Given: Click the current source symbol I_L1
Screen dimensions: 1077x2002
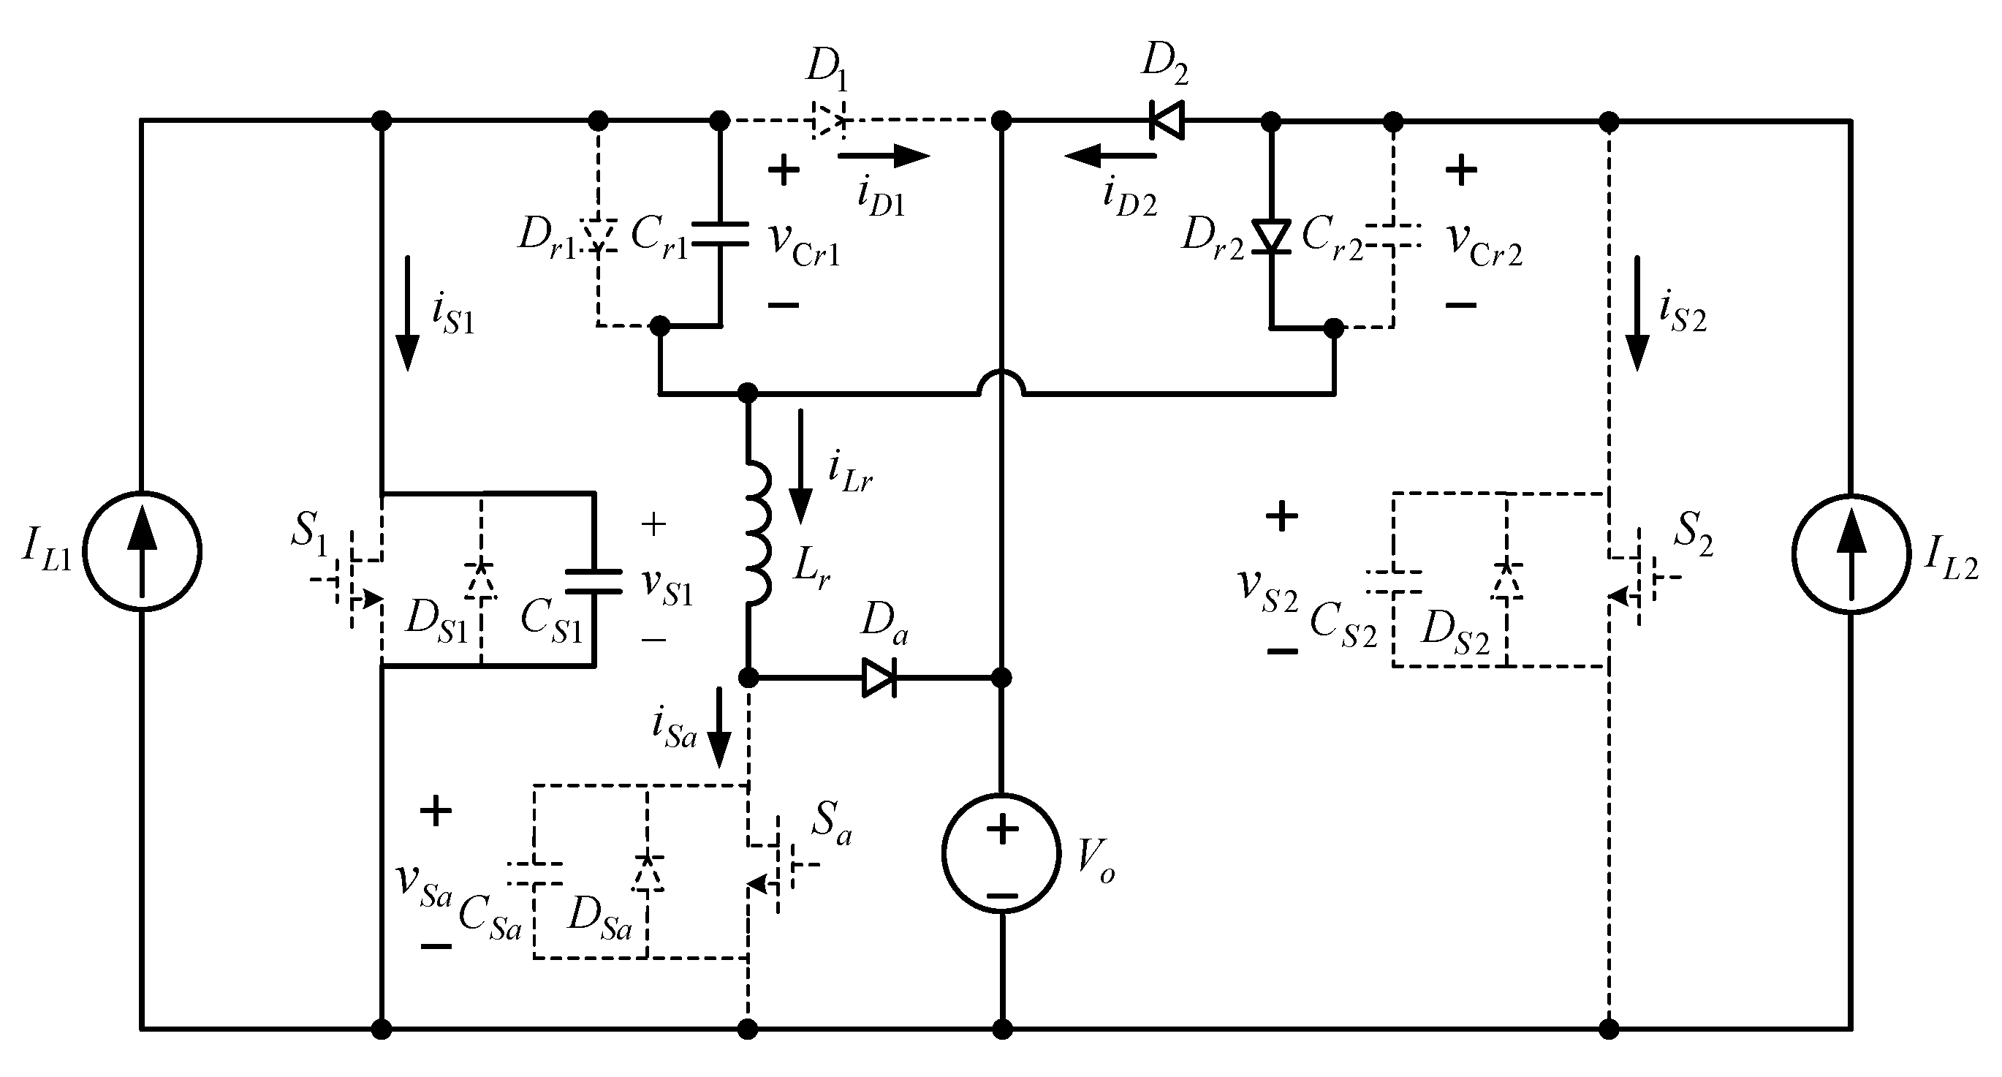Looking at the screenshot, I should coord(142,552).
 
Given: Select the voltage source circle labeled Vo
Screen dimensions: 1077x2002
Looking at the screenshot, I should coord(1001,853).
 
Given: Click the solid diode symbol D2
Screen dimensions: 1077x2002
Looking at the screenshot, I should coord(1167,121).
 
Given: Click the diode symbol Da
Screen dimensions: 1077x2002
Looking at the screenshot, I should coord(879,678).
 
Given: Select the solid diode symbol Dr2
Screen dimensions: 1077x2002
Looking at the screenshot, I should coord(1272,236).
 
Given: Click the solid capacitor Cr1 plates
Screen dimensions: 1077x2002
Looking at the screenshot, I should coord(720,234).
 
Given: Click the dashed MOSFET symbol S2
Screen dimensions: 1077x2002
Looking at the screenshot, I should coord(1636,577).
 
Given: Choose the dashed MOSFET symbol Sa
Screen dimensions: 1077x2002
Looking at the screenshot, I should coord(773,864).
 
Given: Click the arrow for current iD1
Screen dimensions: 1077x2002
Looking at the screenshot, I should coord(884,156).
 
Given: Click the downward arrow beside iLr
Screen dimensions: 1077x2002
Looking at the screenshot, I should coord(800,466).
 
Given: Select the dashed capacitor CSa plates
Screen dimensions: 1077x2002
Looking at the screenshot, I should coord(534,873).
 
